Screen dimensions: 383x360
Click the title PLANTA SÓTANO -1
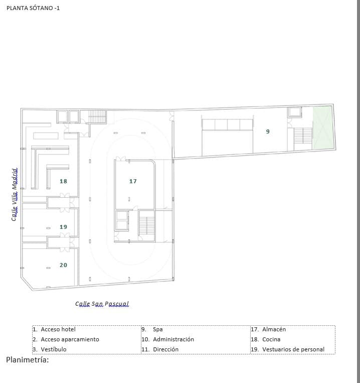coord(33,9)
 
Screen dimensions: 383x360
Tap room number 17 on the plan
coord(133,181)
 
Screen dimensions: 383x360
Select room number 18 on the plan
coord(63,181)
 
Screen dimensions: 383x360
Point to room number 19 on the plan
coord(63,227)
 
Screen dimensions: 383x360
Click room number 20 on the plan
coord(63,265)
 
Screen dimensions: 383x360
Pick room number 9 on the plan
coord(268,132)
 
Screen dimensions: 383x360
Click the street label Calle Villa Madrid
coord(15,195)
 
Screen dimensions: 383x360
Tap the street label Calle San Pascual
coord(102,304)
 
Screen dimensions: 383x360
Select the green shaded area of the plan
coord(323,128)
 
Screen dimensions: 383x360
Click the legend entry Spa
coord(157,330)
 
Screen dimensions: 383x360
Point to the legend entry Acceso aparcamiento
coord(70,339)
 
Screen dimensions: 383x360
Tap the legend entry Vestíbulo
coord(54,349)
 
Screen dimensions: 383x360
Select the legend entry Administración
coord(173,339)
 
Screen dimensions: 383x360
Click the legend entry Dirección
coord(165,349)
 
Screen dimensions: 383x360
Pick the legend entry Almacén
coord(274,330)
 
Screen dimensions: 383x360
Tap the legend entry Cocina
coord(271,339)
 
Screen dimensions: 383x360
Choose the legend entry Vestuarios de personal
coord(293,349)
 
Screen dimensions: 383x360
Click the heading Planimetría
coord(28,360)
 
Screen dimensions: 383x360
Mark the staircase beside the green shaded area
coord(303,135)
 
